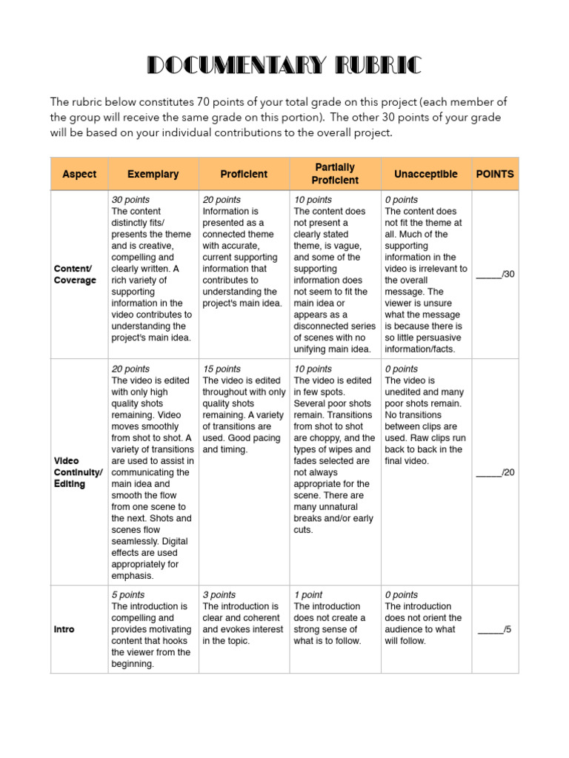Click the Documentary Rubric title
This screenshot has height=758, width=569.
click(284, 66)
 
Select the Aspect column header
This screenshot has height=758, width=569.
click(79, 174)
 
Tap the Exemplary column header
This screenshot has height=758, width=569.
click(153, 174)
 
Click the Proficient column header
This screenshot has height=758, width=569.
click(244, 174)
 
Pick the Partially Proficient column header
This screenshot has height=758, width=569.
click(335, 174)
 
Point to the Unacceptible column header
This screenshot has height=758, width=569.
click(426, 174)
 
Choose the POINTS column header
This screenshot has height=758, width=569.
click(495, 174)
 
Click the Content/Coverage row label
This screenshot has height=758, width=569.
click(75, 275)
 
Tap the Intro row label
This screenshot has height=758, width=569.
click(64, 629)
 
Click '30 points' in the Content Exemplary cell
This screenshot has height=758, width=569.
click(130, 200)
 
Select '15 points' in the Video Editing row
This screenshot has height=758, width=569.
click(222, 369)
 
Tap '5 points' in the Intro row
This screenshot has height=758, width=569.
click(127, 594)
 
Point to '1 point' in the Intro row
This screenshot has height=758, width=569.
click(309, 594)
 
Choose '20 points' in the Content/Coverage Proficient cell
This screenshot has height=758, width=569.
click(222, 200)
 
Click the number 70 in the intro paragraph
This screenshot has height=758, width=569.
click(205, 102)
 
